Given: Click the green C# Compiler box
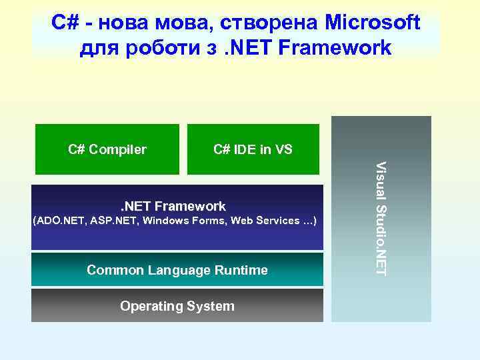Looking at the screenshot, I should pyautogui.click(x=107, y=149).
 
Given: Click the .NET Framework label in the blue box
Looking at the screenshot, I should pyautogui.click(x=173, y=207).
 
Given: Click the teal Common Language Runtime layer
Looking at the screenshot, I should pyautogui.click(x=177, y=270).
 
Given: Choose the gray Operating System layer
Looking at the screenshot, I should pyautogui.click(x=177, y=306).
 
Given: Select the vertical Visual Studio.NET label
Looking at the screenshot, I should pyautogui.click(x=381, y=217).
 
